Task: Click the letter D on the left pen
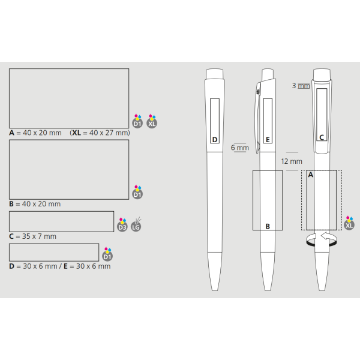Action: pyautogui.click(x=215, y=140)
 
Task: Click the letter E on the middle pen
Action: pyautogui.click(x=268, y=140)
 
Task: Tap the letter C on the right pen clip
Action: pyautogui.click(x=322, y=137)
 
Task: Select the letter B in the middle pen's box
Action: pyautogui.click(x=268, y=226)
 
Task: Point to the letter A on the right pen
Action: pyautogui.click(x=311, y=175)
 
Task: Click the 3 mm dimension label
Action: pyautogui.click(x=301, y=86)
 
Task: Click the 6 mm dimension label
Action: pyautogui.click(x=239, y=148)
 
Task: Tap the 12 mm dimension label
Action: pyautogui.click(x=292, y=161)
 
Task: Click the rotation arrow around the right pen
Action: pyautogui.click(x=322, y=239)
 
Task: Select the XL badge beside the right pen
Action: pyautogui.click(x=349, y=223)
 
